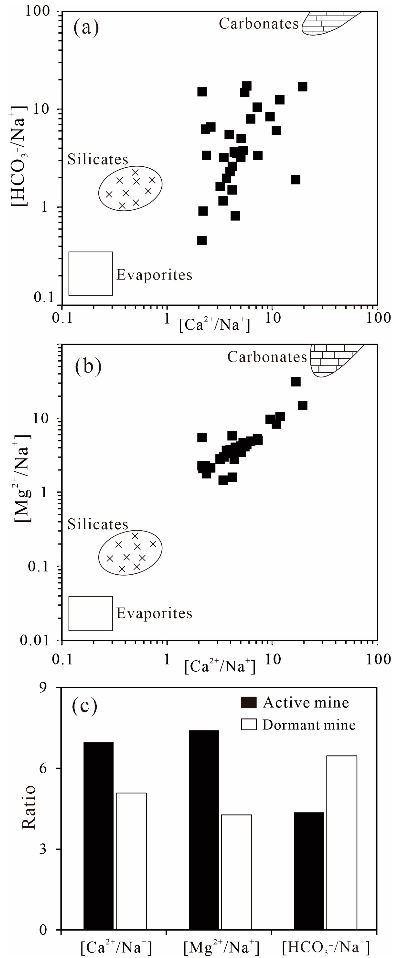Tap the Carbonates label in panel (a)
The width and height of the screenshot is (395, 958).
[x=259, y=24]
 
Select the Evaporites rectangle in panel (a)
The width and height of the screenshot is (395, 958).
[x=91, y=274]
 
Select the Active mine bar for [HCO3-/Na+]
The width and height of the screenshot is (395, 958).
[x=309, y=871]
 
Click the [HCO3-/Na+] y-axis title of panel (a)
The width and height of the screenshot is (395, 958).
[x=19, y=156]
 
